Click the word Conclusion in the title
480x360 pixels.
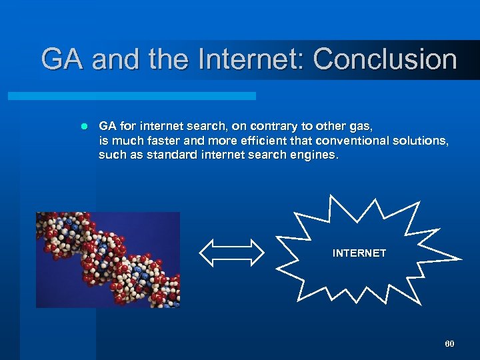point(385,59)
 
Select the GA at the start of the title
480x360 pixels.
point(63,59)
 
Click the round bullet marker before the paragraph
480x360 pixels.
point(83,126)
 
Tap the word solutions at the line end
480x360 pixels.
point(425,141)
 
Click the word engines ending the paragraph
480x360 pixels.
point(315,155)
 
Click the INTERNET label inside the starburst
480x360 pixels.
point(359,253)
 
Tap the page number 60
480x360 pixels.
point(449,343)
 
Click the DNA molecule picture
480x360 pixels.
point(108,260)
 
